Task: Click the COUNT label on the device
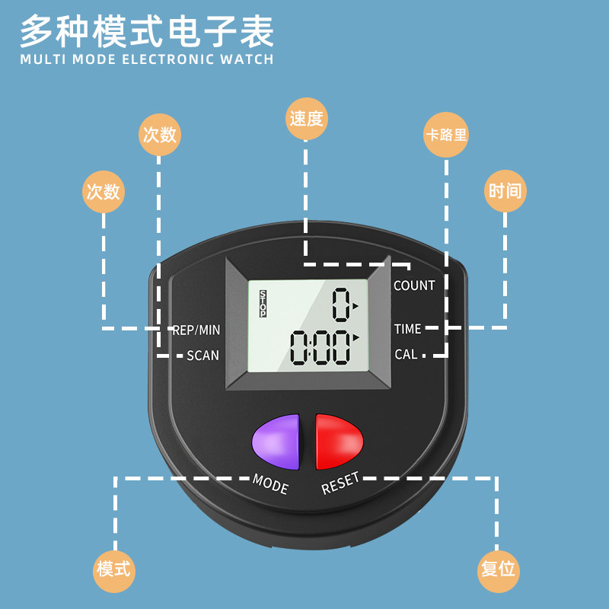[x=414, y=285]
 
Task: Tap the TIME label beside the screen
[x=407, y=329]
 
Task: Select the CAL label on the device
[x=406, y=355]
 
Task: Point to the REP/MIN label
[x=196, y=330]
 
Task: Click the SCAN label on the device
[x=202, y=356]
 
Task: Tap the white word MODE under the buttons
[x=270, y=483]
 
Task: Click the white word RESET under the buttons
[x=340, y=483]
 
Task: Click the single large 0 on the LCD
[x=341, y=306]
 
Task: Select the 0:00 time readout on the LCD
[x=320, y=347]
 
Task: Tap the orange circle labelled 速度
[x=306, y=119]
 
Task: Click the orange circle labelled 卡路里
[x=446, y=136]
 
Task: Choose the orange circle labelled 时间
[x=505, y=190]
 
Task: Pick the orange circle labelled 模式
[x=113, y=569]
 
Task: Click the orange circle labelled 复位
[x=499, y=569]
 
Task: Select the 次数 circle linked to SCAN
[x=160, y=135]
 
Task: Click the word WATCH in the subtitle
[x=246, y=59]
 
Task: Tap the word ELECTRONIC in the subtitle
[x=167, y=59]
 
